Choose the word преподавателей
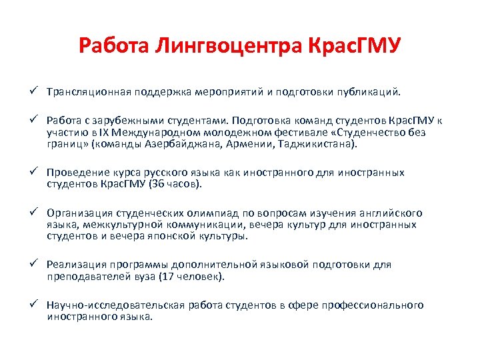pos(87,275)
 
